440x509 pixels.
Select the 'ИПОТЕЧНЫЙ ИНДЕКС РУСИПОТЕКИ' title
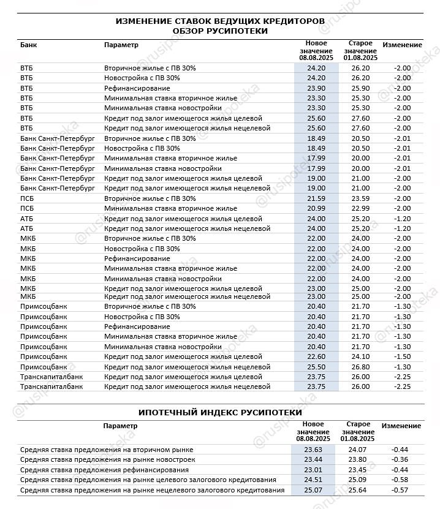click(220, 412)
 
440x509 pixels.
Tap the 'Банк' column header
click(28, 45)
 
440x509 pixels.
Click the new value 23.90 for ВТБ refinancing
click(316, 88)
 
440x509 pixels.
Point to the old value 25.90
click(360, 88)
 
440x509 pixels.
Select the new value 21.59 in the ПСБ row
click(316, 198)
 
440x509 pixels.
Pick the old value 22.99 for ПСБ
click(360, 208)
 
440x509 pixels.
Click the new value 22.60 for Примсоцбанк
click(316, 356)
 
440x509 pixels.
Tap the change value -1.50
click(402, 356)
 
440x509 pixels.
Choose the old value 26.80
click(360, 366)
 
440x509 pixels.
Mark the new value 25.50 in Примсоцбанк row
click(316, 366)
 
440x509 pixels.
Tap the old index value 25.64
click(358, 490)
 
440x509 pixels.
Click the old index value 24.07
click(358, 450)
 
